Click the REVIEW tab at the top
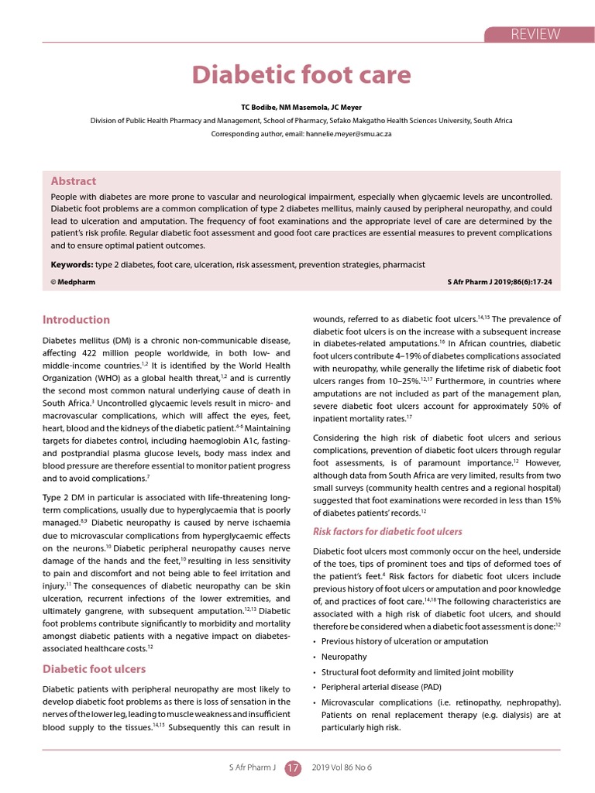pyautogui.click(x=534, y=33)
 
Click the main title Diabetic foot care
pyautogui.click(x=301, y=75)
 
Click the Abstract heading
pyautogui.click(x=73, y=181)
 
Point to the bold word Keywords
pyautogui.click(x=72, y=264)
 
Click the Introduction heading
pyautogui.click(x=76, y=319)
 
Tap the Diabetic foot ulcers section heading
pyautogui.click(x=94, y=668)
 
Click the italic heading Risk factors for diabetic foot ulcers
pyautogui.click(x=387, y=531)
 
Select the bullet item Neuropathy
pyautogui.click(x=344, y=657)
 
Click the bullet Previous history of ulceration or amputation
pyautogui.click(x=404, y=641)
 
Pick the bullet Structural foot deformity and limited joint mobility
pyautogui.click(x=417, y=672)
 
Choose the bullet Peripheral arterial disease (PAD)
pyautogui.click(x=381, y=688)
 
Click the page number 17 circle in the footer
pyautogui.click(x=294, y=768)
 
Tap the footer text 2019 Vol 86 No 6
pyautogui.click(x=342, y=767)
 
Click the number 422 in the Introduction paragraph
pyautogui.click(x=109, y=353)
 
